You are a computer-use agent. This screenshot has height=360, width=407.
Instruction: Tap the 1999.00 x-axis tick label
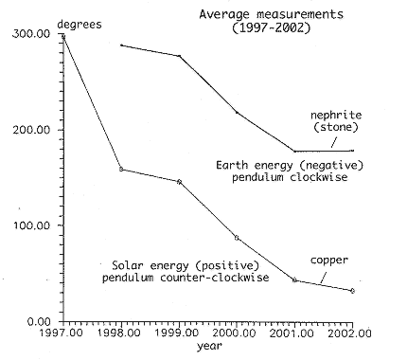[x=179, y=333]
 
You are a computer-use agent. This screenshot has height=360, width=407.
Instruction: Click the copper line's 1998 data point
[x=121, y=170]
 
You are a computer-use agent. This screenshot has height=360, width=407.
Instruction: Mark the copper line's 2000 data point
[x=237, y=238]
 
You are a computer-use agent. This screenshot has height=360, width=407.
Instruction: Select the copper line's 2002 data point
[x=352, y=291]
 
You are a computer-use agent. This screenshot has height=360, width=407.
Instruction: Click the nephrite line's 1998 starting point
[x=121, y=45]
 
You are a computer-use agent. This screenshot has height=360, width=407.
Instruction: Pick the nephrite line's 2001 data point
[x=294, y=152]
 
